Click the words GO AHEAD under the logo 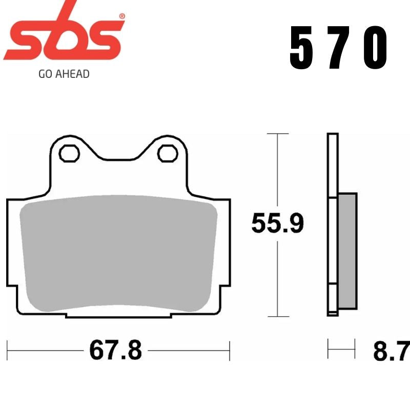click(x=64, y=74)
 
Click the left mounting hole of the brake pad click(x=68, y=153)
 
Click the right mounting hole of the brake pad click(x=167, y=153)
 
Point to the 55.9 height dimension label click(x=277, y=224)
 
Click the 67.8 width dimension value click(x=115, y=351)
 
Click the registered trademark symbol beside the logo click(x=121, y=16)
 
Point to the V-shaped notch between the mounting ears click(x=118, y=156)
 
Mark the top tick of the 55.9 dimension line click(x=277, y=134)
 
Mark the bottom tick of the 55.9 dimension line click(x=277, y=316)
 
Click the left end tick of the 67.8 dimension click(x=8, y=351)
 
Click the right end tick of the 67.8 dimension click(x=229, y=351)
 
